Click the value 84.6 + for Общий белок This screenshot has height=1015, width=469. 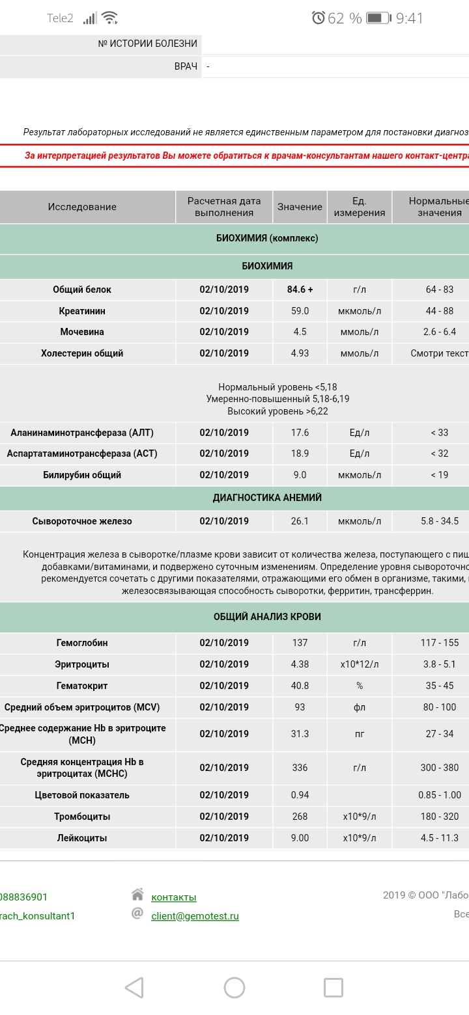tap(300, 290)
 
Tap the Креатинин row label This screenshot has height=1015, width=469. tap(82, 311)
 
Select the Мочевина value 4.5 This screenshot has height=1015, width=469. tap(300, 332)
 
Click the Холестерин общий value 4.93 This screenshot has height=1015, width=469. tap(300, 353)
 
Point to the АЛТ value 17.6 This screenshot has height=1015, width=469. tap(300, 433)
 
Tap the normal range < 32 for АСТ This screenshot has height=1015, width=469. tap(439, 453)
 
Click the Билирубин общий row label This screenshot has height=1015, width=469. tap(82, 475)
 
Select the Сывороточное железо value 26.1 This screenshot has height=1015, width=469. tap(300, 521)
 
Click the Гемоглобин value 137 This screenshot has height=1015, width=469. tap(300, 643)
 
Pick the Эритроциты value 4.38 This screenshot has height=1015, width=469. tap(300, 664)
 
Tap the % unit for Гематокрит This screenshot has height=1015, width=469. tap(360, 686)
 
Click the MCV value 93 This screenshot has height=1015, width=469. tap(300, 707)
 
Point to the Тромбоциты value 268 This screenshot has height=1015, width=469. tap(300, 817)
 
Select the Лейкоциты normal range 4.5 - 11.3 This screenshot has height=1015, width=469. tap(439, 838)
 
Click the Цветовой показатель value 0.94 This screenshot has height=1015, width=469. tap(300, 795)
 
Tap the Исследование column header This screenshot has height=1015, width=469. tap(82, 207)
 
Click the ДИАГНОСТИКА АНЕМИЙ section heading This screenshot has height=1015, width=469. tap(267, 498)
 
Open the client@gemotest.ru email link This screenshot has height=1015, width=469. tap(195, 916)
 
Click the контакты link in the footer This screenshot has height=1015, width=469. tap(173, 897)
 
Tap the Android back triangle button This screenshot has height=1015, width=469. tap(134, 988)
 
